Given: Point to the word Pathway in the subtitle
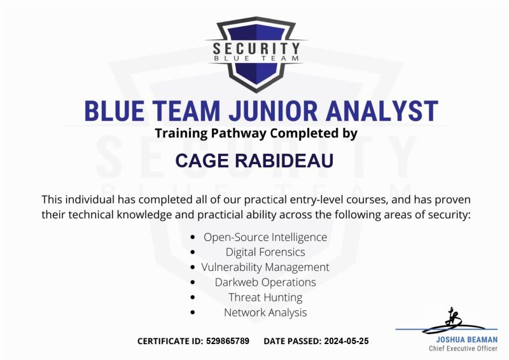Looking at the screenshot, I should click(x=235, y=134).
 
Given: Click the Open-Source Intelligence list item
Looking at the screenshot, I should click(x=265, y=237).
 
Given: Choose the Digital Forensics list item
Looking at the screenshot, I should click(x=265, y=252).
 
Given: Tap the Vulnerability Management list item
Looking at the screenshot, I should click(x=265, y=267).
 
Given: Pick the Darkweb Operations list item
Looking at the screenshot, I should click(x=265, y=282).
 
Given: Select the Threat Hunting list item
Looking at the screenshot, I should click(x=265, y=297).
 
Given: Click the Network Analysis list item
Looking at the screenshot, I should click(x=265, y=312).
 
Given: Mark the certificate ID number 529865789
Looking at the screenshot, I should click(x=228, y=341).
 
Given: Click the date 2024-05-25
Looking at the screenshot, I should click(x=345, y=341).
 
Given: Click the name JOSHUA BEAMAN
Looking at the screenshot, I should click(x=463, y=340).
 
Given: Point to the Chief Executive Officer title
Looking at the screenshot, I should click(x=463, y=349).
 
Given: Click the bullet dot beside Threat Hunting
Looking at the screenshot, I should click(x=193, y=298).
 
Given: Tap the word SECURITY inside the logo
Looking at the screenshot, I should click(x=255, y=48).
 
